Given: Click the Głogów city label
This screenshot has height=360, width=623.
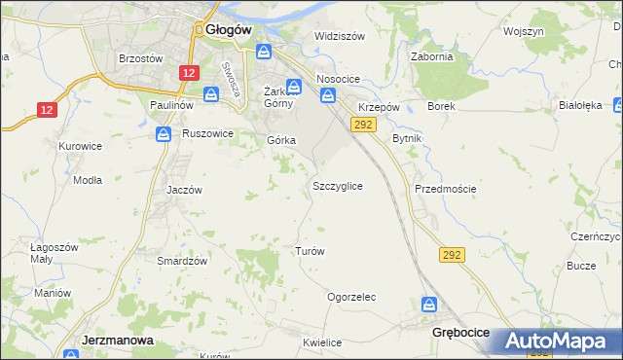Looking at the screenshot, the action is click(x=230, y=30).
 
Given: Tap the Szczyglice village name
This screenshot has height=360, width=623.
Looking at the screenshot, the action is click(x=338, y=185).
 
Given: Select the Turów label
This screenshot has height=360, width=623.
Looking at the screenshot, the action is click(x=310, y=251).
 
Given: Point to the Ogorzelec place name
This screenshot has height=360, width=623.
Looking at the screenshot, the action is click(x=351, y=297).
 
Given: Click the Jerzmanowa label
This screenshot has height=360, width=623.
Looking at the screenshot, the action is click(x=114, y=341).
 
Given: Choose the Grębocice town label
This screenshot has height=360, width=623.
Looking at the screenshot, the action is click(x=459, y=332).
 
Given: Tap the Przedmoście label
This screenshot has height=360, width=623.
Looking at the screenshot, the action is click(x=445, y=189).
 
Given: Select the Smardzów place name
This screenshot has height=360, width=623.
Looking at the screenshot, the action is click(x=183, y=261).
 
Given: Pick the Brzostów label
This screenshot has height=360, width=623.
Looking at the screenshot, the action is click(x=140, y=57).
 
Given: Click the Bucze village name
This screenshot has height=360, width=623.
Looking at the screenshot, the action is click(x=581, y=266).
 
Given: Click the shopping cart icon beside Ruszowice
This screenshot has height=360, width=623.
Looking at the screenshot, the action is click(x=164, y=133).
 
